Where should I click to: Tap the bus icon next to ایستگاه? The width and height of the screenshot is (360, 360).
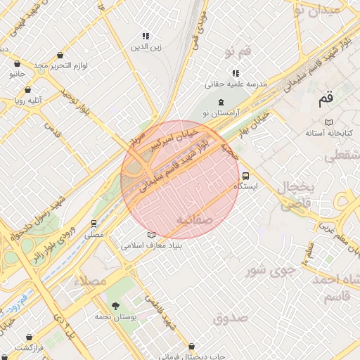[x=245, y=176]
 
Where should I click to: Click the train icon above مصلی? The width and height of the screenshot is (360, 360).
[x=94, y=223]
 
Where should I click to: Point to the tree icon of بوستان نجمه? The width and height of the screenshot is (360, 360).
[x=115, y=305]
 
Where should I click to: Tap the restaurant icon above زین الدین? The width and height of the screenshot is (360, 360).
[x=146, y=36]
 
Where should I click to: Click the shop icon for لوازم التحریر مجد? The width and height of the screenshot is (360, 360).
[x=60, y=55]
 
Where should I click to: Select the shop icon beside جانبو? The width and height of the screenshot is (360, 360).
[x=15, y=72]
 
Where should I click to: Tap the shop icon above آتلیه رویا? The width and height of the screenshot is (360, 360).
[x=27, y=90]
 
